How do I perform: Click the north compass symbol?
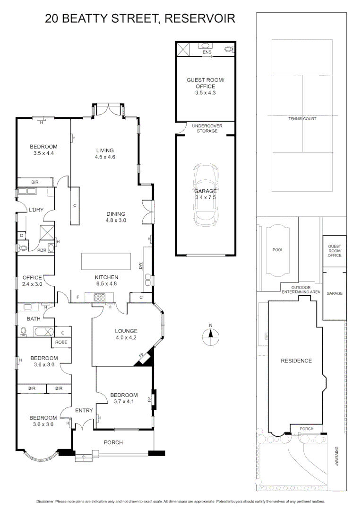[211, 336]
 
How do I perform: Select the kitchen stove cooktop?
[100, 298]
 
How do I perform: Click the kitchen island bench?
[106, 261]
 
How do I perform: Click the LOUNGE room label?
[126, 331]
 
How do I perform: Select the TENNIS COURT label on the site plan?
[302, 119]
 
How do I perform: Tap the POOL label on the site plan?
[278, 250]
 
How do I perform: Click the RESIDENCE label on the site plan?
[296, 361]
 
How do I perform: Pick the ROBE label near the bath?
[61, 342]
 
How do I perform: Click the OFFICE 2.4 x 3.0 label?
[32, 281]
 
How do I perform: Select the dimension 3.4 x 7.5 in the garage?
[205, 198]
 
